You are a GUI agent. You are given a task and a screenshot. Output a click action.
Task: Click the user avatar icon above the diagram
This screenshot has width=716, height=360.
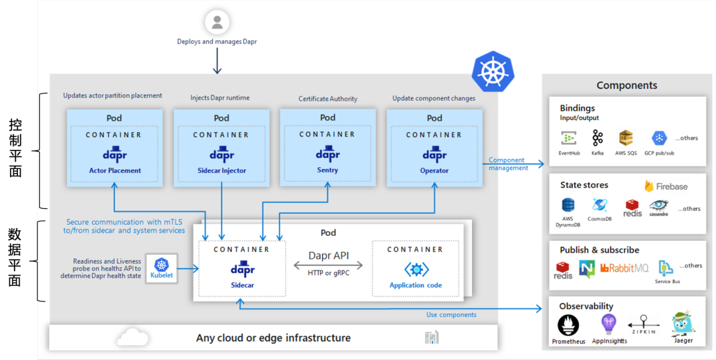(217, 23)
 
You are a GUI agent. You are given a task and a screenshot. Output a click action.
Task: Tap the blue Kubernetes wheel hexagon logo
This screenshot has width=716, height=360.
(493, 72)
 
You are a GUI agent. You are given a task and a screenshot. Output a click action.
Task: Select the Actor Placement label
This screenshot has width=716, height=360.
(115, 170)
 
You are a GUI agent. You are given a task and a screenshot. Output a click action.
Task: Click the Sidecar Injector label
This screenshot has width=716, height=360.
(221, 170)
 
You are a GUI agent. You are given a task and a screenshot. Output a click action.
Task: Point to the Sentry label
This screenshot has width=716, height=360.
(328, 170)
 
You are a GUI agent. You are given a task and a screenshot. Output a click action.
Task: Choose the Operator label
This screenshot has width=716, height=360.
(434, 170)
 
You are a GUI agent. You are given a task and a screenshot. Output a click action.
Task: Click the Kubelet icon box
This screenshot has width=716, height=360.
(162, 269)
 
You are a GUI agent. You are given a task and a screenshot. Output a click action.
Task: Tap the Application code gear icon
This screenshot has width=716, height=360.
(416, 269)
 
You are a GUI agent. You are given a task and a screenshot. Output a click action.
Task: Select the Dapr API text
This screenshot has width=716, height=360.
(328, 255)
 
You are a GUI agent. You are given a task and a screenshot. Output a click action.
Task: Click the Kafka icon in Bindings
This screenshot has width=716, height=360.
(598, 138)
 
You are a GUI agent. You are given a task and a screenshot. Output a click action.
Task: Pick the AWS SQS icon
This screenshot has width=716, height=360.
(626, 138)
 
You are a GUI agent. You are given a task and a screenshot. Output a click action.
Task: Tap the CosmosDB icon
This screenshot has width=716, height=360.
(600, 205)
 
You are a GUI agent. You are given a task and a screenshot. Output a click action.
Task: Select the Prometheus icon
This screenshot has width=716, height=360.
(568, 326)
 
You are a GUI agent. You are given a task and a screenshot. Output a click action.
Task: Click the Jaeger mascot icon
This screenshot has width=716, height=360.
(683, 324)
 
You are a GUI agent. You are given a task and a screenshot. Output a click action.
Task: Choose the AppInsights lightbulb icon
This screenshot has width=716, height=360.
(609, 324)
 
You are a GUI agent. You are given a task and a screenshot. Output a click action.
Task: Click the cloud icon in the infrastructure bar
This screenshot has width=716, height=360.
(133, 338)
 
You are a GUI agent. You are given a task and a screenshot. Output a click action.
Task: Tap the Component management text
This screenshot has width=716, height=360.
(508, 164)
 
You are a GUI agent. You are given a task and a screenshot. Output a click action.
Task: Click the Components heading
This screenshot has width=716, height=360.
(626, 85)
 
